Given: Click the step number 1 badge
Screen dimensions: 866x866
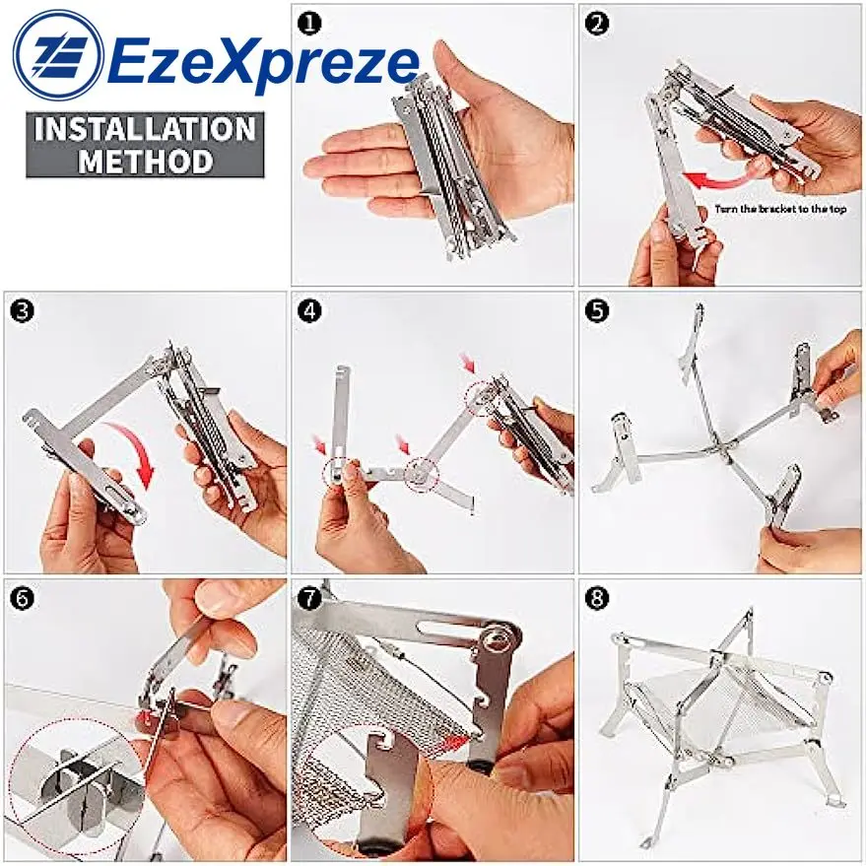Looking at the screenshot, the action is pyautogui.click(x=309, y=24).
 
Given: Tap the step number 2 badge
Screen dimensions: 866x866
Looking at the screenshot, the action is pyautogui.click(x=596, y=24).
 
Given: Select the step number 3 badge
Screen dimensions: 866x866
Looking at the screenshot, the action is pyautogui.click(x=22, y=311).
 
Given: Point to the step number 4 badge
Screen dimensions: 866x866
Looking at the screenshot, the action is pyautogui.click(x=309, y=311).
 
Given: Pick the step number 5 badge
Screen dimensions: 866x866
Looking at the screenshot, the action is pyautogui.click(x=596, y=311).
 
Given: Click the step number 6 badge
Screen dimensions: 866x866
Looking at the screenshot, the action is pyautogui.click(x=22, y=599).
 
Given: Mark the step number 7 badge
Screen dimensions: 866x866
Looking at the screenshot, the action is pyautogui.click(x=309, y=599).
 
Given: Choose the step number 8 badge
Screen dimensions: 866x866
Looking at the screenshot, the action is pyautogui.click(x=596, y=599).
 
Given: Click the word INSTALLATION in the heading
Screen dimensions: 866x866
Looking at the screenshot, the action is pyautogui.click(x=145, y=129).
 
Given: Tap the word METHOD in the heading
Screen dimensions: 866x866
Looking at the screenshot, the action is pyautogui.click(x=145, y=162).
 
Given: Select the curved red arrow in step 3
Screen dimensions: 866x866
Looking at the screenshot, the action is pyautogui.click(x=135, y=450).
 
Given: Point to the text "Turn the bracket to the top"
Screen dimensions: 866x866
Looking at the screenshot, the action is pyautogui.click(x=780, y=209).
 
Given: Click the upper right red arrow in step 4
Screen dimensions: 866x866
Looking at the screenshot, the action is pyautogui.click(x=468, y=364).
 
